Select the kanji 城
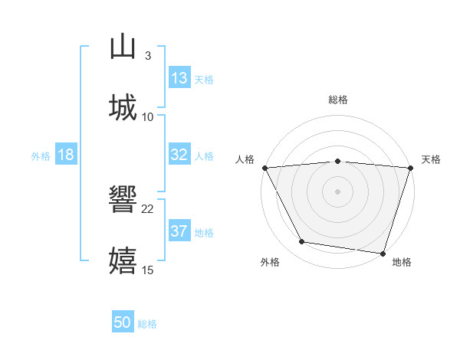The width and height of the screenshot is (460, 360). tap(123, 107)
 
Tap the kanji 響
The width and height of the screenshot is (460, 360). tap(123, 199)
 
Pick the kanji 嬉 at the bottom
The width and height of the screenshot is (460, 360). tap(123, 260)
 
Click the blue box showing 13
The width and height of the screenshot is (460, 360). tap(179, 78)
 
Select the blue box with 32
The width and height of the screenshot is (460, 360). tap(179, 155)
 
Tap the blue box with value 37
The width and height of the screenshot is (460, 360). tap(179, 231)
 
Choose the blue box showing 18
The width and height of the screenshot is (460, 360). tap(65, 155)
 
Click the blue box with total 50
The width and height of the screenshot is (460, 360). tap(123, 322)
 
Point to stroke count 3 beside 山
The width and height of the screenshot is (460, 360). tap(147, 55)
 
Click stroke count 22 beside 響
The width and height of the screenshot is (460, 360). tap(148, 208)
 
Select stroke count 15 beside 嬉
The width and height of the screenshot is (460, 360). tap(148, 270)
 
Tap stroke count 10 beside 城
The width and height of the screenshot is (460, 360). tap(148, 116)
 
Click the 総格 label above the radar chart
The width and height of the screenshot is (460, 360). tap(338, 100)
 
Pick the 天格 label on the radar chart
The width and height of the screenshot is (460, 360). tap(432, 159)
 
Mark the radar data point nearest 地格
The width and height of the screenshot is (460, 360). tap(383, 253)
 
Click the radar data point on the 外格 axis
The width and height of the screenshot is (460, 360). tap(302, 242)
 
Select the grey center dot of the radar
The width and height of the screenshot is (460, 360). tap(337, 191)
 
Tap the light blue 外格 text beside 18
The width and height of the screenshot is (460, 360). tap(41, 155)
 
